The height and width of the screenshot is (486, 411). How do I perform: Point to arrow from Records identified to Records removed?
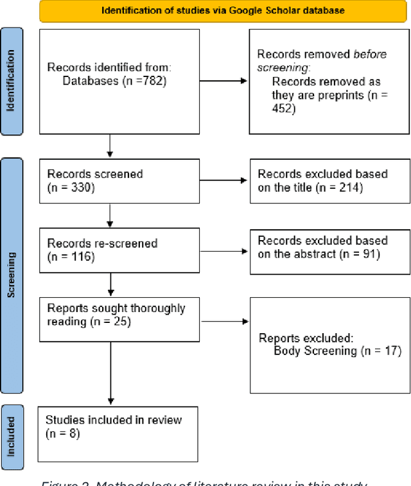(x=225, y=81)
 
